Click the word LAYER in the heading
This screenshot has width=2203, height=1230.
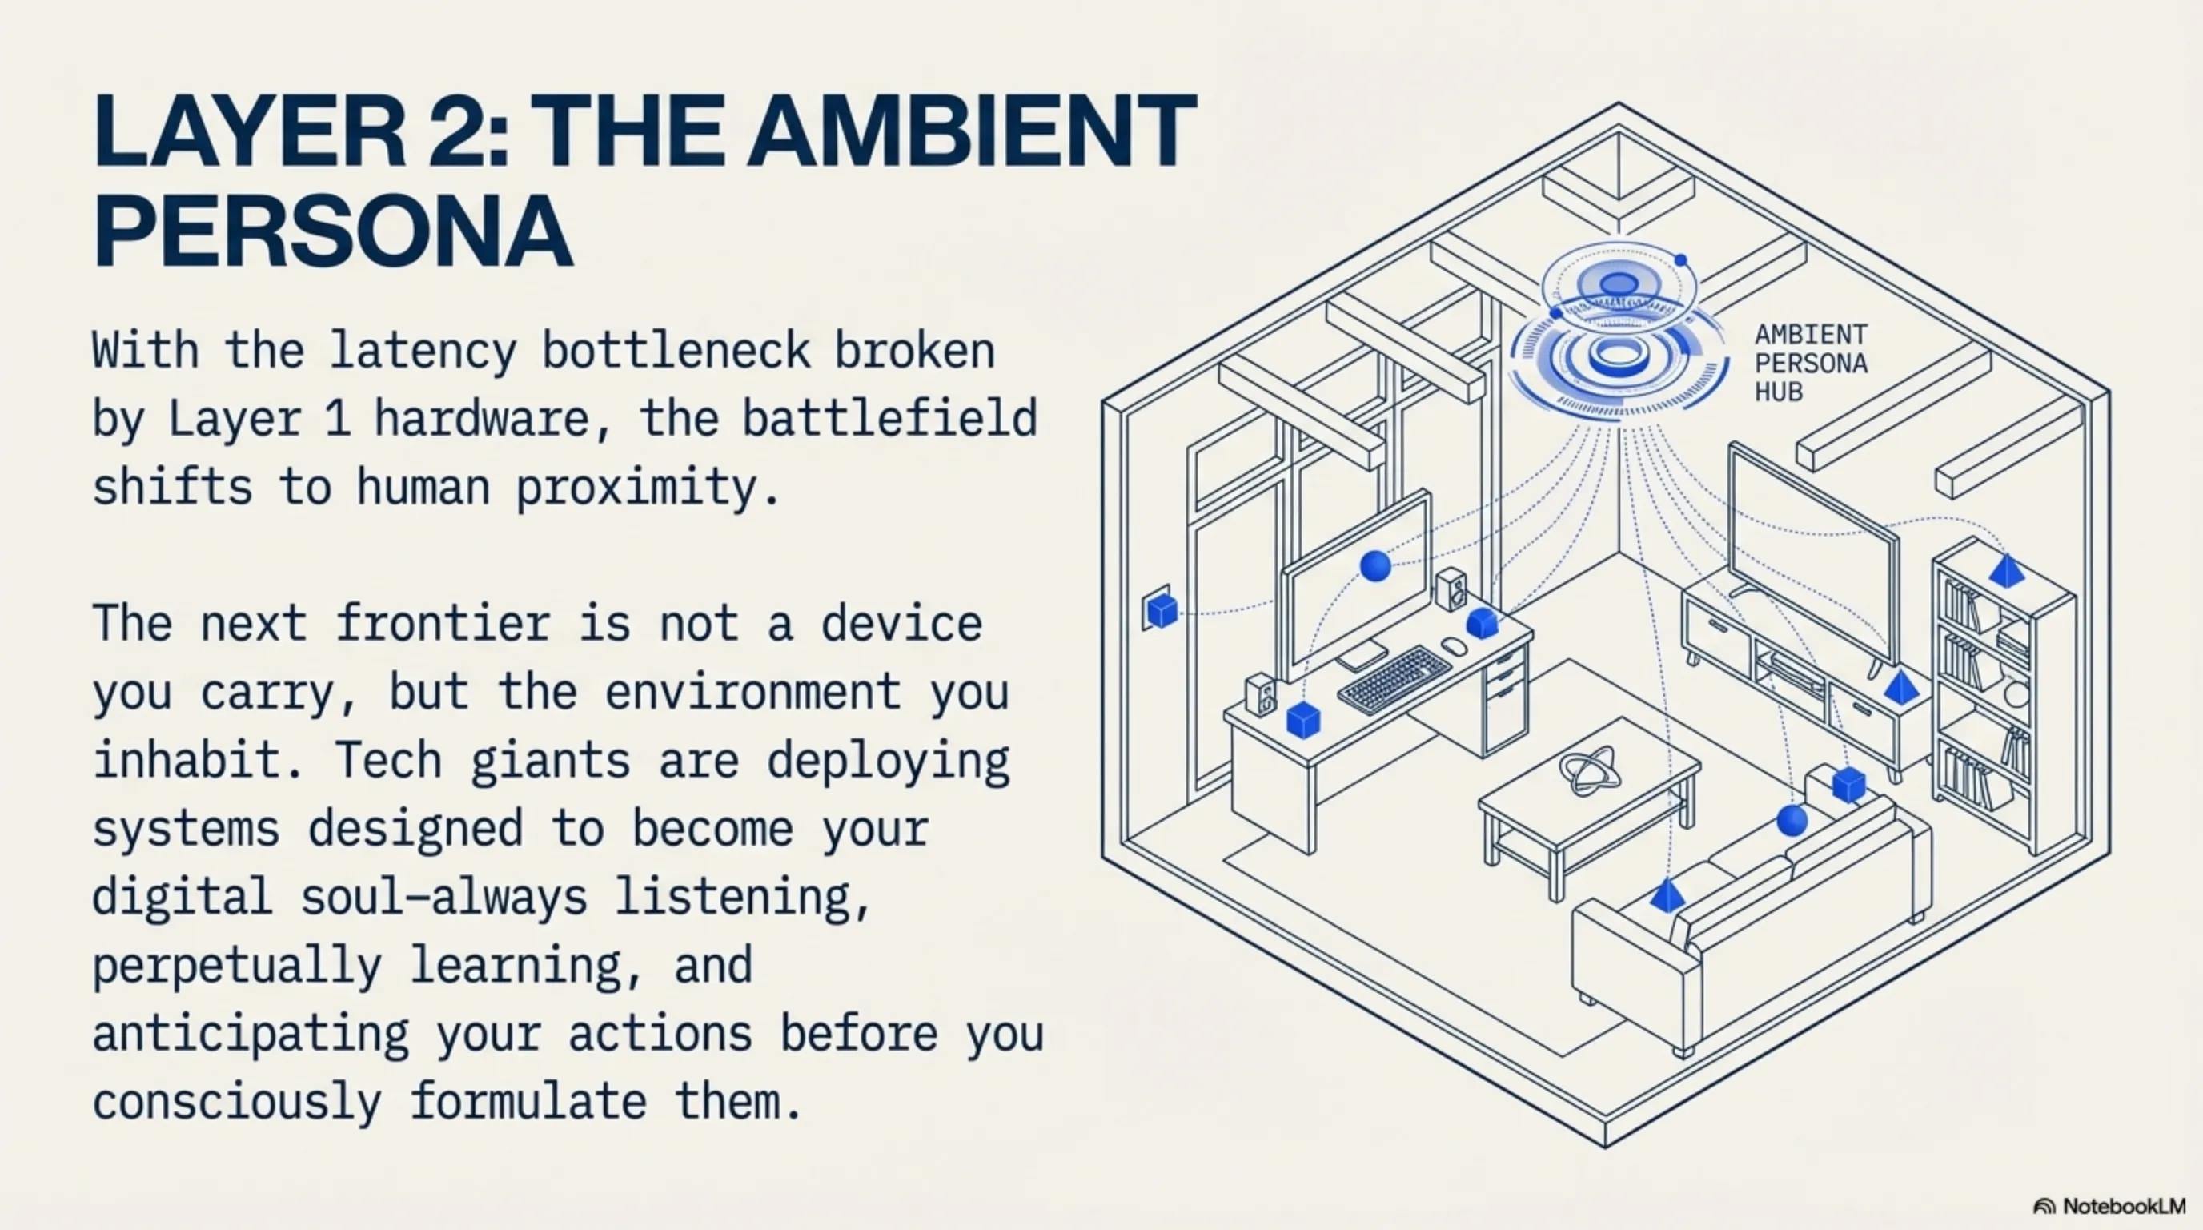click(x=249, y=131)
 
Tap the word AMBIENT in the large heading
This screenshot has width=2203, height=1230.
click(x=973, y=131)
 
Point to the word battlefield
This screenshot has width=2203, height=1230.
click(x=889, y=419)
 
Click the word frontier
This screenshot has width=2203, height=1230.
click(x=443, y=624)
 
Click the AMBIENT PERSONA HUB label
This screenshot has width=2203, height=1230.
click(x=1812, y=363)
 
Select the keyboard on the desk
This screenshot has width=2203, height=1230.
click(x=1394, y=680)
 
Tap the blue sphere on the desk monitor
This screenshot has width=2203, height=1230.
click(x=1375, y=565)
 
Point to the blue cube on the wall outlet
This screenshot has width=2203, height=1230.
click(x=1162, y=611)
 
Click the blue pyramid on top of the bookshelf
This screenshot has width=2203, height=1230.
click(x=2006, y=570)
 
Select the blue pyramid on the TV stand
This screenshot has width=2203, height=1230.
click(x=1900, y=687)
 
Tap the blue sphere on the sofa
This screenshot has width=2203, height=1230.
click(x=1791, y=820)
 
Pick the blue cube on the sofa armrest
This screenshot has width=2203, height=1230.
click(x=1849, y=784)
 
